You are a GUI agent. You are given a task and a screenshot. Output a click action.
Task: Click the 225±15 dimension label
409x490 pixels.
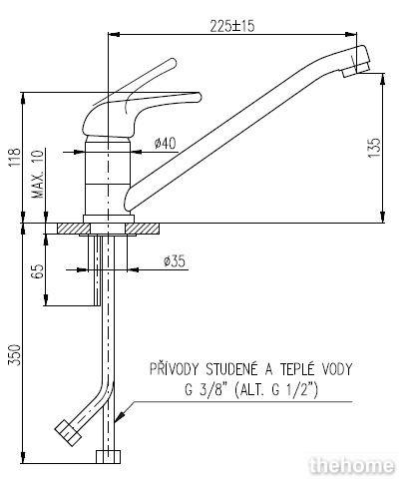click(232, 26)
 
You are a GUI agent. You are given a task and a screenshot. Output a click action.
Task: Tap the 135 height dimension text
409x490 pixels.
click(374, 148)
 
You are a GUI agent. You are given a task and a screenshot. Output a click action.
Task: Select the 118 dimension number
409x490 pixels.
click(15, 158)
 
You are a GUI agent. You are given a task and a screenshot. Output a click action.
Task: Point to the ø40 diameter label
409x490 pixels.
click(166, 144)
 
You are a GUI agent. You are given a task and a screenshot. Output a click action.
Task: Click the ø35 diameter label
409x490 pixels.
click(175, 261)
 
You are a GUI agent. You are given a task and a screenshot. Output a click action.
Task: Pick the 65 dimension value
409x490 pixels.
click(38, 271)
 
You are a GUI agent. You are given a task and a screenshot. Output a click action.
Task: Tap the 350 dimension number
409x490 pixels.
click(15, 355)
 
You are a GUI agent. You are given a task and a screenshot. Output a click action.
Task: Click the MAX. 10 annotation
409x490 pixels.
click(38, 174)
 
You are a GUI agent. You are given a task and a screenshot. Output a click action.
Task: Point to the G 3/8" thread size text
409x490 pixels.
click(204, 389)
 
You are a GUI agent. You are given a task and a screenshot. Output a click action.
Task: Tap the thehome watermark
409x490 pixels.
click(352, 466)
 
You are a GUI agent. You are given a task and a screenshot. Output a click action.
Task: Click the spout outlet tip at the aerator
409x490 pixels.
click(356, 72)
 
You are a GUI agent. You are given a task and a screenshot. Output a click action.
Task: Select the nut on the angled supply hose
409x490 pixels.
click(68, 433)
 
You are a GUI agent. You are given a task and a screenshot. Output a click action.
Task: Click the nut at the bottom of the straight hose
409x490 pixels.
click(108, 457)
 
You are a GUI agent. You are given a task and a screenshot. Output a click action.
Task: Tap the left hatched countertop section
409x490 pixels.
click(74, 229)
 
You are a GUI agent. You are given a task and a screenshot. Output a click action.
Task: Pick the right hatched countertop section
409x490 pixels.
click(141, 229)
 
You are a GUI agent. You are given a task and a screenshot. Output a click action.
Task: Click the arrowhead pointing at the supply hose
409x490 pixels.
click(120, 417)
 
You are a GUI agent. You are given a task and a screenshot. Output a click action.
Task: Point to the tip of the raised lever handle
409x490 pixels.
click(172, 63)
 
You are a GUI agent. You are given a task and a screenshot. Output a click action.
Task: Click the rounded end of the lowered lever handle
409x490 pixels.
click(198, 97)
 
